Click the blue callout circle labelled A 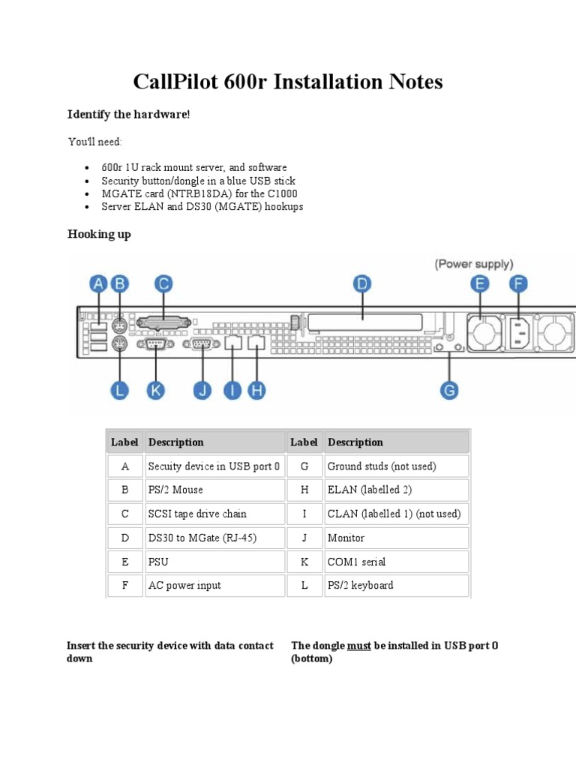(98, 283)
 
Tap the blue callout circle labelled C (163, 283)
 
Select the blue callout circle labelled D (362, 283)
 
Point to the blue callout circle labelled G (449, 390)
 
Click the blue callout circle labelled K (155, 390)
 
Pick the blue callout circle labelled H (257, 390)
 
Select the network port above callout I (232, 343)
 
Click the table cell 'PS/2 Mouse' (175, 490)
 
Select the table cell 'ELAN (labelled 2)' (368, 490)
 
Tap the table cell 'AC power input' (184, 585)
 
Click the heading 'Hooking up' (99, 234)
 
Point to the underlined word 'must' (359, 646)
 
